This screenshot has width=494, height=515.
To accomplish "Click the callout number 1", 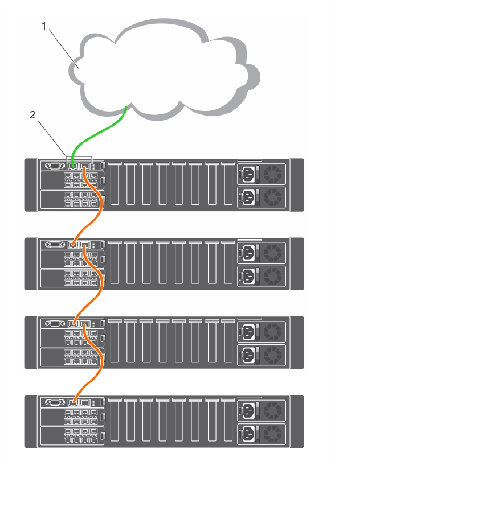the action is point(44,26).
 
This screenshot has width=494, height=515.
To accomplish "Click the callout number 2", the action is point(32,115).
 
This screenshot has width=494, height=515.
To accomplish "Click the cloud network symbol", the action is point(164,69).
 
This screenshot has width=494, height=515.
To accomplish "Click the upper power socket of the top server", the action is point(247,174).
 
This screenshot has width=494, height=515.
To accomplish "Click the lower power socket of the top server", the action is point(247,197).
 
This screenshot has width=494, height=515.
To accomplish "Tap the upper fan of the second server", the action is point(273,253).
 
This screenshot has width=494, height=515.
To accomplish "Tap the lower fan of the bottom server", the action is point(273,434).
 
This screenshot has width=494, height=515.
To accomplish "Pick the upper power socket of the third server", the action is point(247,332).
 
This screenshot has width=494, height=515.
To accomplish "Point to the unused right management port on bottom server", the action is point(85,402).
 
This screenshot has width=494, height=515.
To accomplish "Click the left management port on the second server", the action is point(73,245).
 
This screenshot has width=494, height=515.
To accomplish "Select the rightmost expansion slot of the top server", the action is point(228,183).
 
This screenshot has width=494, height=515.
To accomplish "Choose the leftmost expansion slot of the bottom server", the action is point(115,420).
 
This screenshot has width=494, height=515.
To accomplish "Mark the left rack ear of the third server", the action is point(31,342).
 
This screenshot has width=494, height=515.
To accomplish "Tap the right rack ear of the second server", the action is point(297,263).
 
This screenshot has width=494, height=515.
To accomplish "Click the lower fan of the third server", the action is point(273,355).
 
